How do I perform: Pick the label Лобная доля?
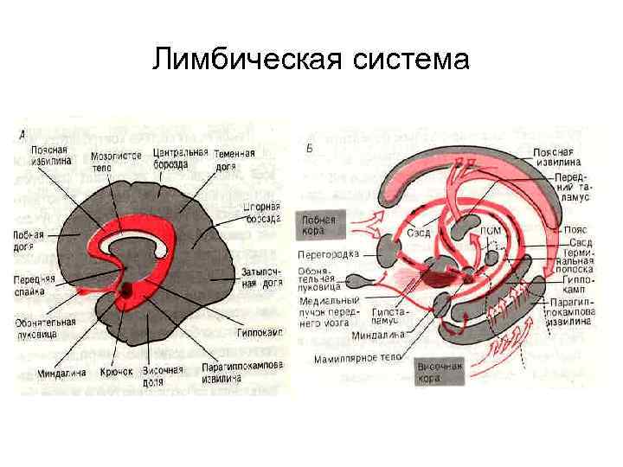click(29, 240)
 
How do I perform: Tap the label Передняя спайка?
click(35, 285)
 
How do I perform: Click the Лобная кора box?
click(318, 226)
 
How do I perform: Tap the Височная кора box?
click(440, 373)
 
